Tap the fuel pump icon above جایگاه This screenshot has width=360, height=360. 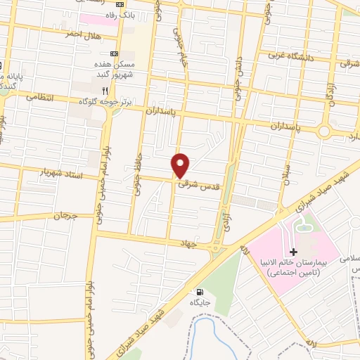pos(200,292)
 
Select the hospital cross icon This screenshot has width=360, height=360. pos(294,252)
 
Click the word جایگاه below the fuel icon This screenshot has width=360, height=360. pos(200,302)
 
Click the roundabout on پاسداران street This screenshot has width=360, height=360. pos(324,131)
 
